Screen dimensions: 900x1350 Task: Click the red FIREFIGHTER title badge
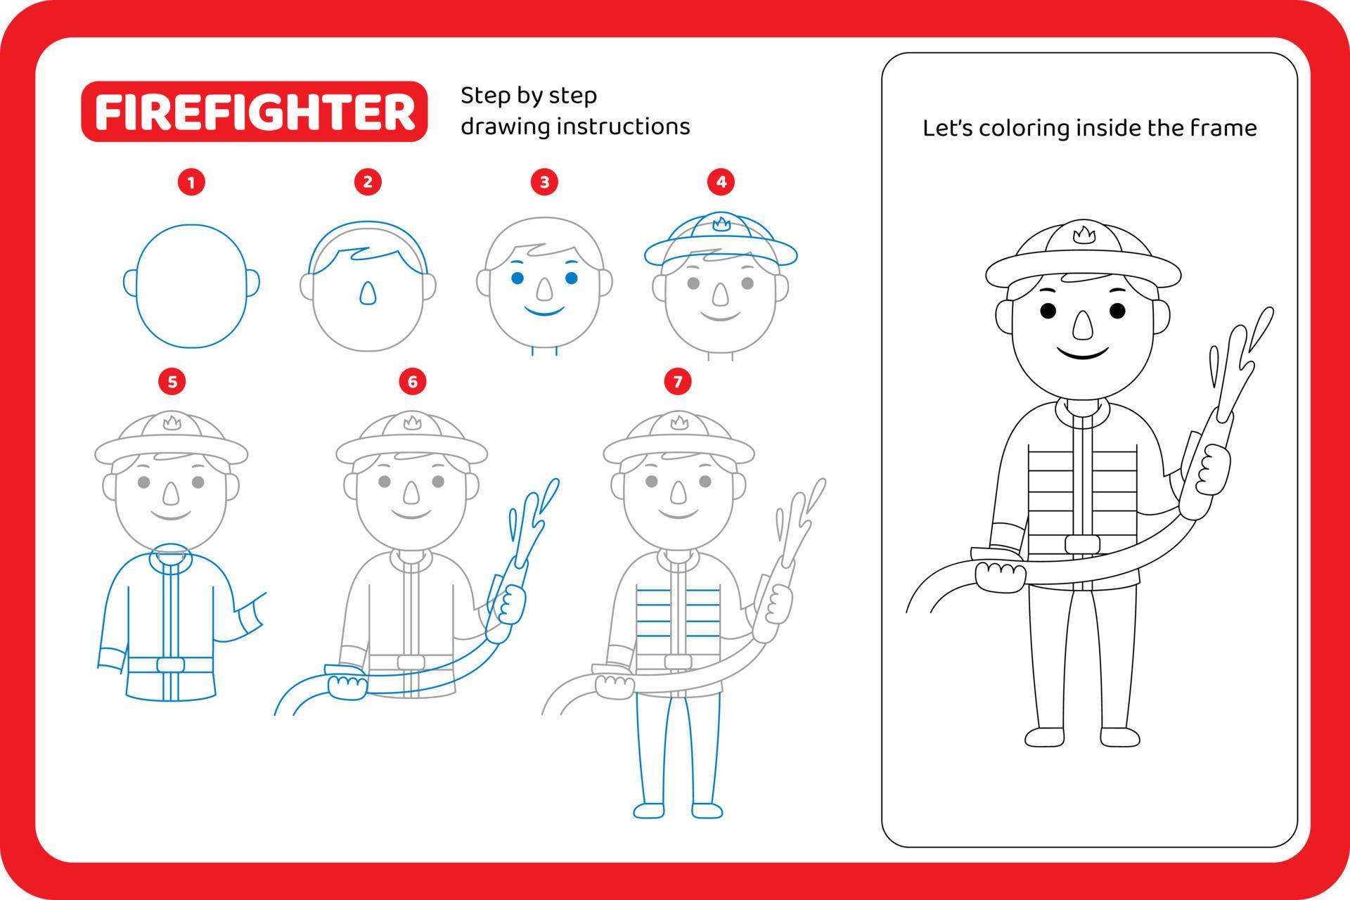254,112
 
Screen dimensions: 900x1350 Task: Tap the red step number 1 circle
191,183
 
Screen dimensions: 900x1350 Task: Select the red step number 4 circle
721,183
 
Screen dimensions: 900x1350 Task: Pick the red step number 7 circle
677,382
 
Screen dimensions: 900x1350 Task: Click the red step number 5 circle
172,382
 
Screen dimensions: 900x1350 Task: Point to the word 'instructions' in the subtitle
623,127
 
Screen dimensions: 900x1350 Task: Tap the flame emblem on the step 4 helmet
721,224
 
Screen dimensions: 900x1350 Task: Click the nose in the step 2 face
367,294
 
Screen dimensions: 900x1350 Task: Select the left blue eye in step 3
517,278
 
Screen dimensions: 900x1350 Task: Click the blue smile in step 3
545,310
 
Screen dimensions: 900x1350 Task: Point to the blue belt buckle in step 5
170,664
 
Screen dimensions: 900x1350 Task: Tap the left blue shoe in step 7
648,811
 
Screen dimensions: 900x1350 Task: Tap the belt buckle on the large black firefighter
1082,544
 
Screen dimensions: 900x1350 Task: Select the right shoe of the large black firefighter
1119,737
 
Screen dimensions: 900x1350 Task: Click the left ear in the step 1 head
130,283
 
